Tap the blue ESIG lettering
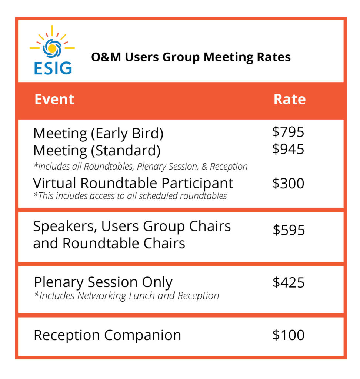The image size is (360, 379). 53,68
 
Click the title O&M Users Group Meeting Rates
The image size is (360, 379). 191,57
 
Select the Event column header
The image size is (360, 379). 54,99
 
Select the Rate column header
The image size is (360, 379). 290,99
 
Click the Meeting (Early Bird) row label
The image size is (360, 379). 98,134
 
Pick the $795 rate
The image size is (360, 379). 288,132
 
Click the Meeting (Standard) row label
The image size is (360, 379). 97,151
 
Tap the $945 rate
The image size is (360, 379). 288,149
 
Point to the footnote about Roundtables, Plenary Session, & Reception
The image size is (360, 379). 141,167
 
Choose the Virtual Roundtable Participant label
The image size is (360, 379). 133,184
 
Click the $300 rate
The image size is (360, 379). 288,183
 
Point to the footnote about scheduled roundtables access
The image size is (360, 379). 130,196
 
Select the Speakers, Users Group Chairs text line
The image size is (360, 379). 132,227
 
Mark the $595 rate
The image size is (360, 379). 289,230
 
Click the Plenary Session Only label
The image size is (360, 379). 103,282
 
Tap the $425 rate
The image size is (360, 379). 289,282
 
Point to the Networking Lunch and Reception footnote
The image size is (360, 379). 127,296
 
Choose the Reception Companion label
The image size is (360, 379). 107,335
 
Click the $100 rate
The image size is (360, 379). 289,335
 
